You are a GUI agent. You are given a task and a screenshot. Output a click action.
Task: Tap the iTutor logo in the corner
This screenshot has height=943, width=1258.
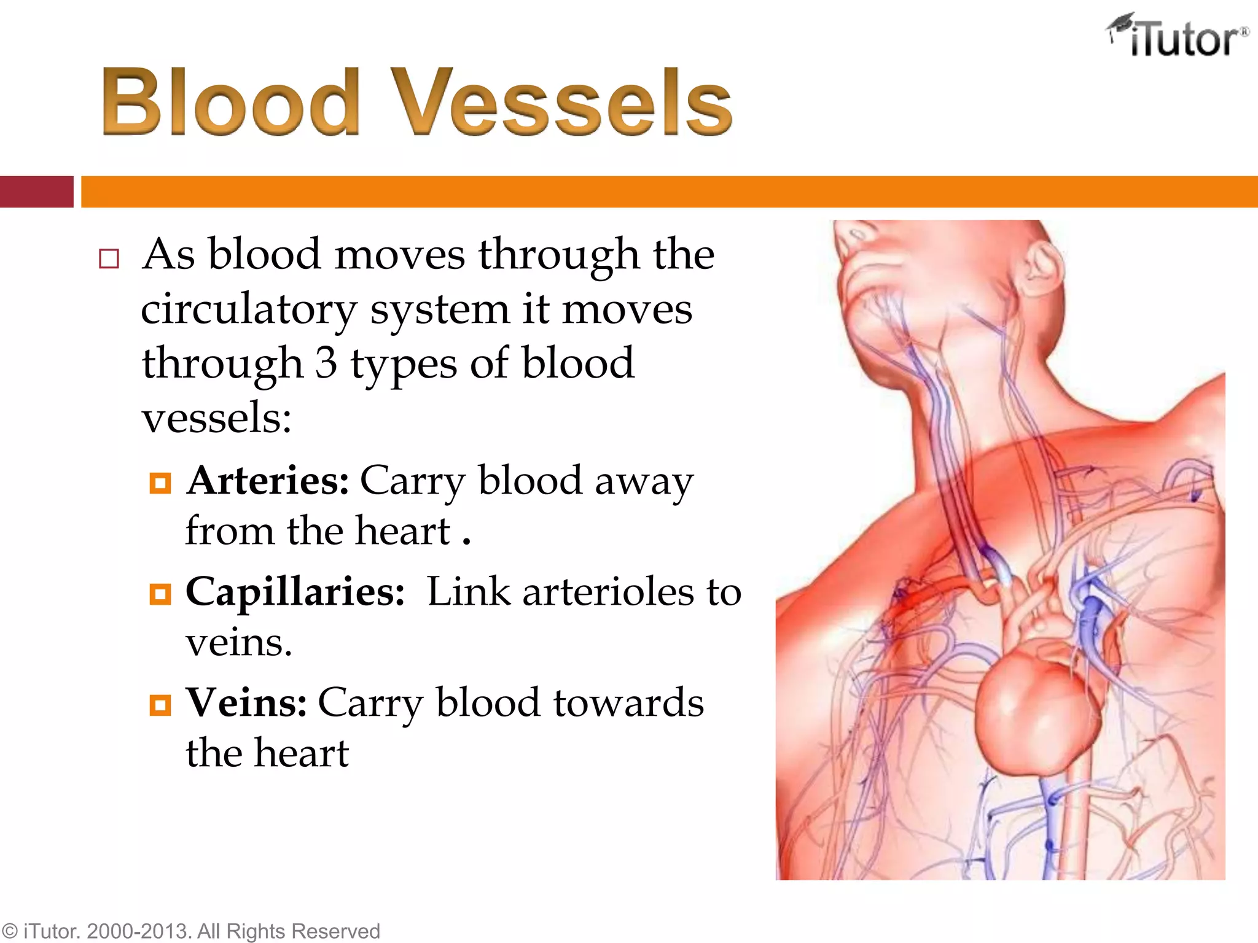click(x=1178, y=37)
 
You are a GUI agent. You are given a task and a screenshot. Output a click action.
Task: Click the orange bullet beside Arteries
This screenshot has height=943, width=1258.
click(x=160, y=483)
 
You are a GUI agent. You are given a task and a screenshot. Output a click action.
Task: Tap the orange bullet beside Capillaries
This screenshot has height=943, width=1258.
click(x=160, y=594)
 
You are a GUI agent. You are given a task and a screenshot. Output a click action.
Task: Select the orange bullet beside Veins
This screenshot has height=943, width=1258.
click(x=160, y=705)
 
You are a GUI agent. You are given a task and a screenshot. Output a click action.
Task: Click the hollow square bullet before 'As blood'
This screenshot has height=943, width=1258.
click(x=109, y=258)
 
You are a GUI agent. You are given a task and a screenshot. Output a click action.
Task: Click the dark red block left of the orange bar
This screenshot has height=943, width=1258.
click(x=36, y=192)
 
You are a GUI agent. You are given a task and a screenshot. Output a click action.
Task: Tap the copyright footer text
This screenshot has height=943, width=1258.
click(x=190, y=931)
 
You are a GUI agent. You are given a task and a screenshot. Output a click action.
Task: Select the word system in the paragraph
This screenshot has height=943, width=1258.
click(x=439, y=310)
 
